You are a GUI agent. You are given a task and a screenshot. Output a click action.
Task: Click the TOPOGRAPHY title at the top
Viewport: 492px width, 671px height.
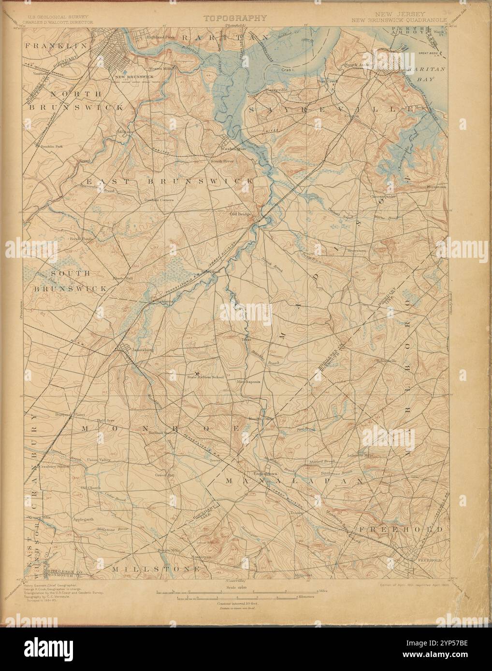(x=234, y=18)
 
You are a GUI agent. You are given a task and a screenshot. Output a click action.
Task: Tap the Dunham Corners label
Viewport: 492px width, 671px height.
(x=159, y=199)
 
